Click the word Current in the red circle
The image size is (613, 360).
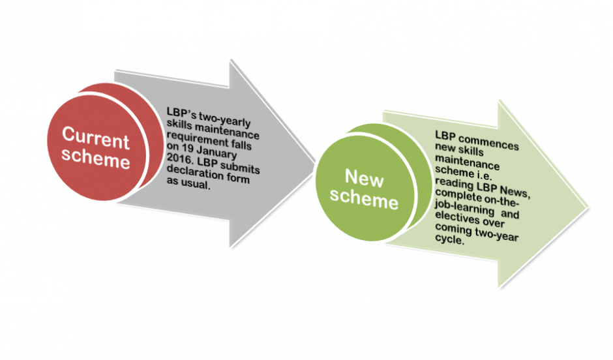(x=95, y=138)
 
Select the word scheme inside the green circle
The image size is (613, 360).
(x=364, y=199)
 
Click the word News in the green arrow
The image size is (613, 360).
(x=512, y=193)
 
